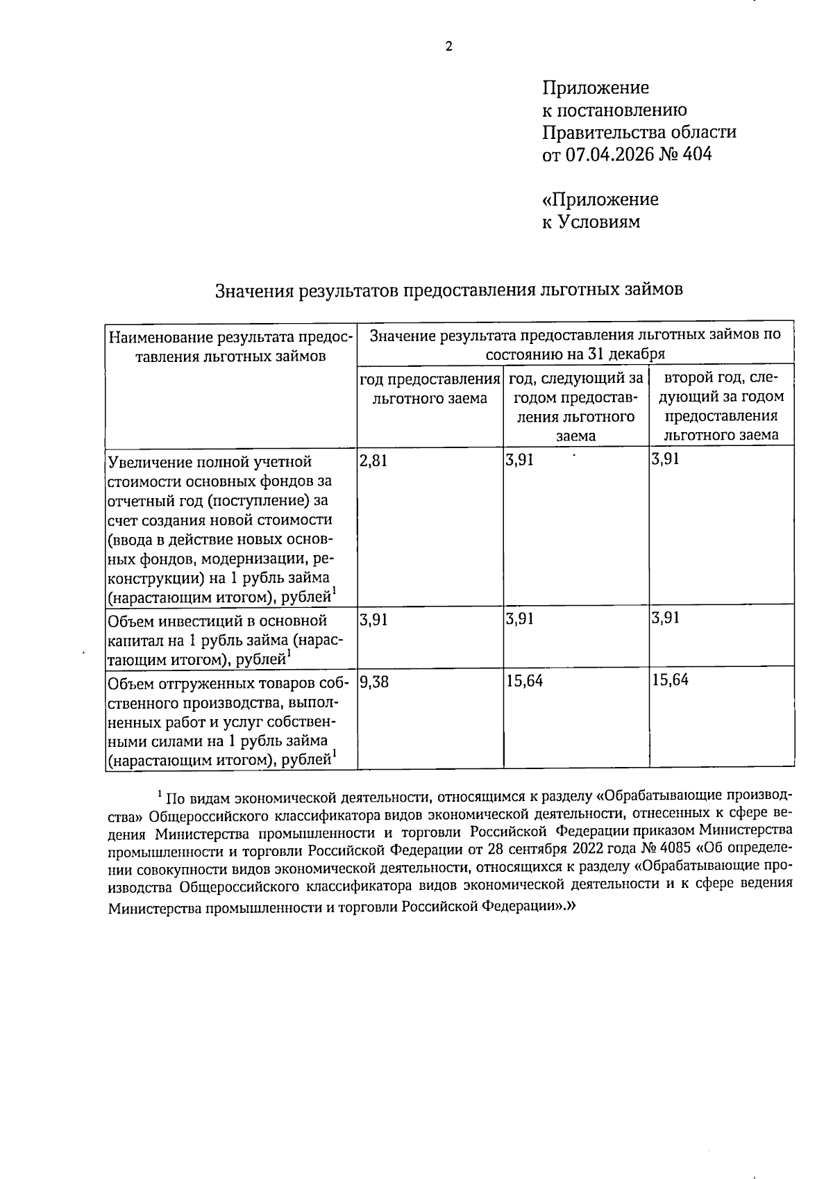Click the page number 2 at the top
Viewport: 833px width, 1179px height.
pyautogui.click(x=448, y=47)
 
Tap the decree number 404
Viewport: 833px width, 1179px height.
pyautogui.click(x=697, y=154)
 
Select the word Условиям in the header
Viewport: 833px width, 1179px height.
pyautogui.click(x=600, y=222)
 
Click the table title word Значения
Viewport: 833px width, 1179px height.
pyautogui.click(x=253, y=290)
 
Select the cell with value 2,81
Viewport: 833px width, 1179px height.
pyautogui.click(x=373, y=461)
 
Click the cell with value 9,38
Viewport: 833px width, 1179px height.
pyautogui.click(x=374, y=682)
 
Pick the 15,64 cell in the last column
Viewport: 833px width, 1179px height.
pyautogui.click(x=670, y=680)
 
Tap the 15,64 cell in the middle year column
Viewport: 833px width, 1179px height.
pyautogui.click(x=524, y=681)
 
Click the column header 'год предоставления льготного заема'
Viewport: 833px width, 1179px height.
pyautogui.click(x=429, y=389)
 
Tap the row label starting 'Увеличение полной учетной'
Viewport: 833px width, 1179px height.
pyautogui.click(x=210, y=462)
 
